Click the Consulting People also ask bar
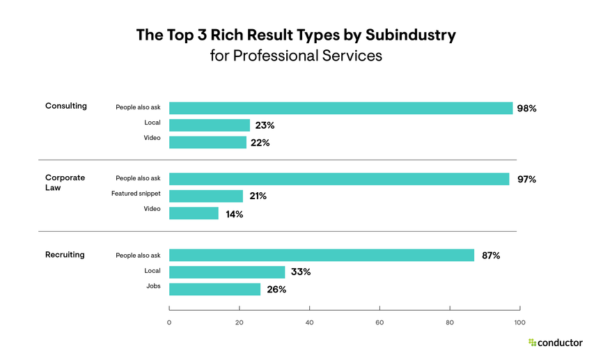click(341, 108)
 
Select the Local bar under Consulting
click(210, 125)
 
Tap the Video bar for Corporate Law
click(194, 214)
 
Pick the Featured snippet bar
click(206, 196)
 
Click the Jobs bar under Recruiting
click(214, 289)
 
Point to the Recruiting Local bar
click(227, 272)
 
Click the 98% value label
click(526, 109)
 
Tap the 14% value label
click(234, 214)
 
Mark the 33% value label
click(301, 272)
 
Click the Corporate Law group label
click(65, 183)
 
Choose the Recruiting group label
click(65, 255)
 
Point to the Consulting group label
click(66, 107)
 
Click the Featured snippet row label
click(136, 194)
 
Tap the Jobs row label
click(153, 286)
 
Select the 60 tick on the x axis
click(379, 322)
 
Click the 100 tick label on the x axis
click(519, 322)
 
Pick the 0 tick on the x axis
click(169, 322)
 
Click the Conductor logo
click(555, 343)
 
